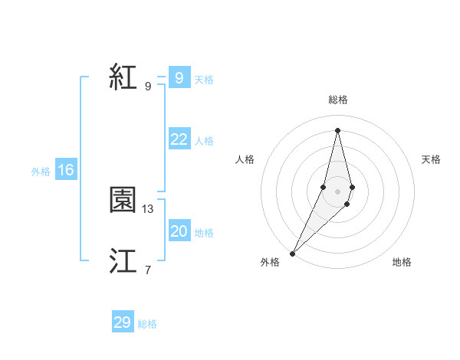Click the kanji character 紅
[x=123, y=77]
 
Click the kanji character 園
[x=123, y=201]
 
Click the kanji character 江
[x=123, y=261]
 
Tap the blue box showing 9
[x=179, y=78]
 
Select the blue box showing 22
[x=179, y=139]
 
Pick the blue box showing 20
[x=179, y=231]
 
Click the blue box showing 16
[x=65, y=170]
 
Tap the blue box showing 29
[x=122, y=322]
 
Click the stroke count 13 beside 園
[x=148, y=208]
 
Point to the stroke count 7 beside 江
[x=148, y=270]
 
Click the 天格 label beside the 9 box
[x=204, y=80]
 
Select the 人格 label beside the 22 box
[x=204, y=141]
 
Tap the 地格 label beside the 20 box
[x=204, y=233]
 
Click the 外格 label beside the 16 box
[x=41, y=172]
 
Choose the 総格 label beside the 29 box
[x=147, y=324]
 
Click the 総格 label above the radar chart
[x=337, y=100]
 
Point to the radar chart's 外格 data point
[x=293, y=253]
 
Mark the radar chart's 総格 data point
[x=337, y=129]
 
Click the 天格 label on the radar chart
[x=432, y=159]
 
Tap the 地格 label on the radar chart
[x=402, y=262]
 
